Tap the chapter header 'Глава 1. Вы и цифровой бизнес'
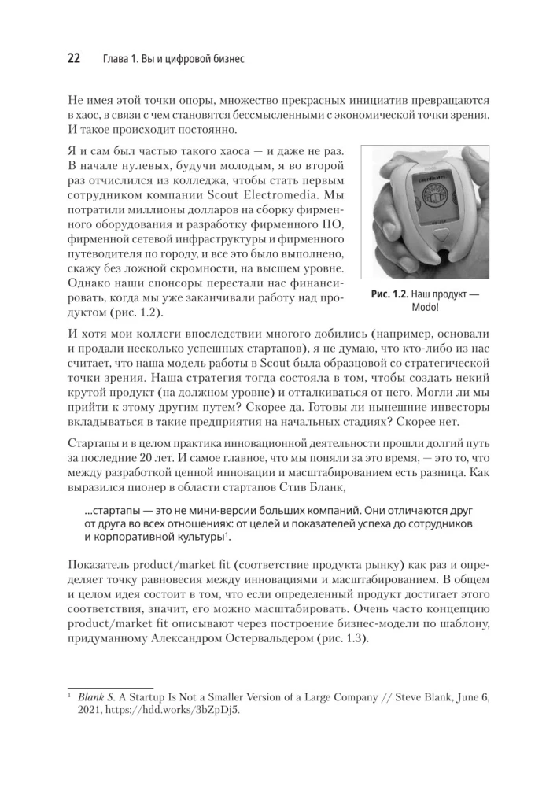click(173, 59)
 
